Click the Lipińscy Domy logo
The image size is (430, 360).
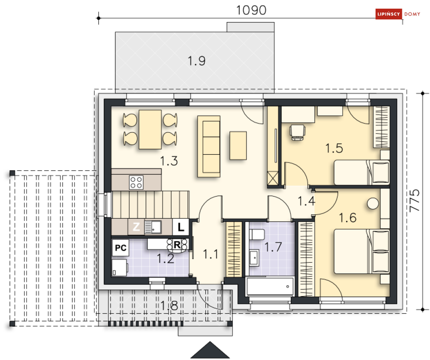point(398,14)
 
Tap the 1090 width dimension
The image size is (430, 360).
point(251,10)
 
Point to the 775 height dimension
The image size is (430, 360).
point(414,201)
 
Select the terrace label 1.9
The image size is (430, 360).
point(197,61)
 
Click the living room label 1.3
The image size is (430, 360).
point(169,161)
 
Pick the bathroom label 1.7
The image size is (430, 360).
point(273,247)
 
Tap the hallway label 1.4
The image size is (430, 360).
point(306,201)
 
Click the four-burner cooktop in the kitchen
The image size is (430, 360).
point(136,183)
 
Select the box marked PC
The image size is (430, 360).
point(121,248)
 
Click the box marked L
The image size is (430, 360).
point(181,227)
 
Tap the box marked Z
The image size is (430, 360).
point(136,227)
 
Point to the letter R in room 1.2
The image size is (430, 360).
point(177,245)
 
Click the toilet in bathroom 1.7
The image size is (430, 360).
point(257,235)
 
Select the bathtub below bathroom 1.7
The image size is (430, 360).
point(270,286)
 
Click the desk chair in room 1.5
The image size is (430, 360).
point(298,132)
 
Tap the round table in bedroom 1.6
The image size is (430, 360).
point(373,204)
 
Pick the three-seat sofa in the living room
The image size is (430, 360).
point(209,147)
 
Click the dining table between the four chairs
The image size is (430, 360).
point(150,129)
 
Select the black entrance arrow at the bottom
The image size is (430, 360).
point(210,350)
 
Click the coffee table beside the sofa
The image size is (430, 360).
point(238,145)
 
